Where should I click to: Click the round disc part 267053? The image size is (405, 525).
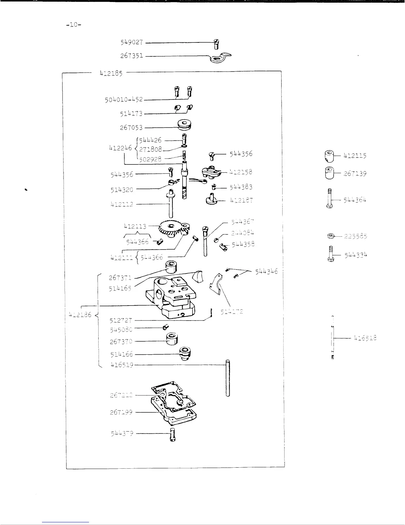coord(185,126)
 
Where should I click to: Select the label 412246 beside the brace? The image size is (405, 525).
coord(120,148)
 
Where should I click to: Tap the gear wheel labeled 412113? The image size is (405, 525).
coord(172,229)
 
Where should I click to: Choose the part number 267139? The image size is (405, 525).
coord(355,173)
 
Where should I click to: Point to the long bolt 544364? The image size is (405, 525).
coord(330,198)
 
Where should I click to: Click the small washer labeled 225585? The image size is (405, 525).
coord(330,236)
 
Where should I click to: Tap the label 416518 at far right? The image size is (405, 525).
coord(365,338)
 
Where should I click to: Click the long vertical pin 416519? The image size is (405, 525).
coord(228,378)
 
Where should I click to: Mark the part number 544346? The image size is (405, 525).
coord(266,271)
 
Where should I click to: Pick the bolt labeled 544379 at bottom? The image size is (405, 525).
coord(172,435)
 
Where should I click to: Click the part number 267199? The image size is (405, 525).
coord(121,412)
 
